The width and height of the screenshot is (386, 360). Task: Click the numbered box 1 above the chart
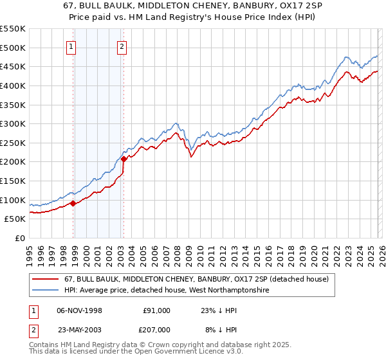70,46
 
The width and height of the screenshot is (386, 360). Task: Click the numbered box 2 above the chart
122,46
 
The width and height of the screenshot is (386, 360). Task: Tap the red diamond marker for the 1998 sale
73,203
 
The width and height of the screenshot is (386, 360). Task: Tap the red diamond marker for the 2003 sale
124,159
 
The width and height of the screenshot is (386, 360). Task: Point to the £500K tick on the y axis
13,48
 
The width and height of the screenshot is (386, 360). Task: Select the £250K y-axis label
13,143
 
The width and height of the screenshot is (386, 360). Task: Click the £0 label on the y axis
19,238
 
